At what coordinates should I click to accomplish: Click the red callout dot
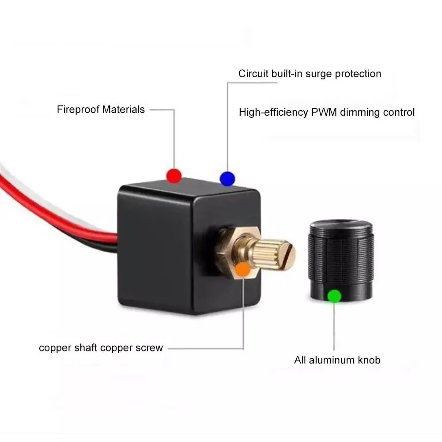[174, 175]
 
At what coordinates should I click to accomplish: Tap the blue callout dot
[227, 178]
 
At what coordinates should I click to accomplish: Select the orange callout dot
[242, 269]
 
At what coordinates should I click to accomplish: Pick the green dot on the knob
[334, 295]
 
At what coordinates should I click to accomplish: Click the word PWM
[324, 112]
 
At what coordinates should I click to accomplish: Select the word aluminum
[331, 360]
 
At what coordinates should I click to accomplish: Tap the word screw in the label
[150, 348]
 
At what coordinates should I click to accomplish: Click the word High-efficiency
[273, 112]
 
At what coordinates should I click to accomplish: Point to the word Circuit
[253, 74]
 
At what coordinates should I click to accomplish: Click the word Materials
[123, 110]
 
